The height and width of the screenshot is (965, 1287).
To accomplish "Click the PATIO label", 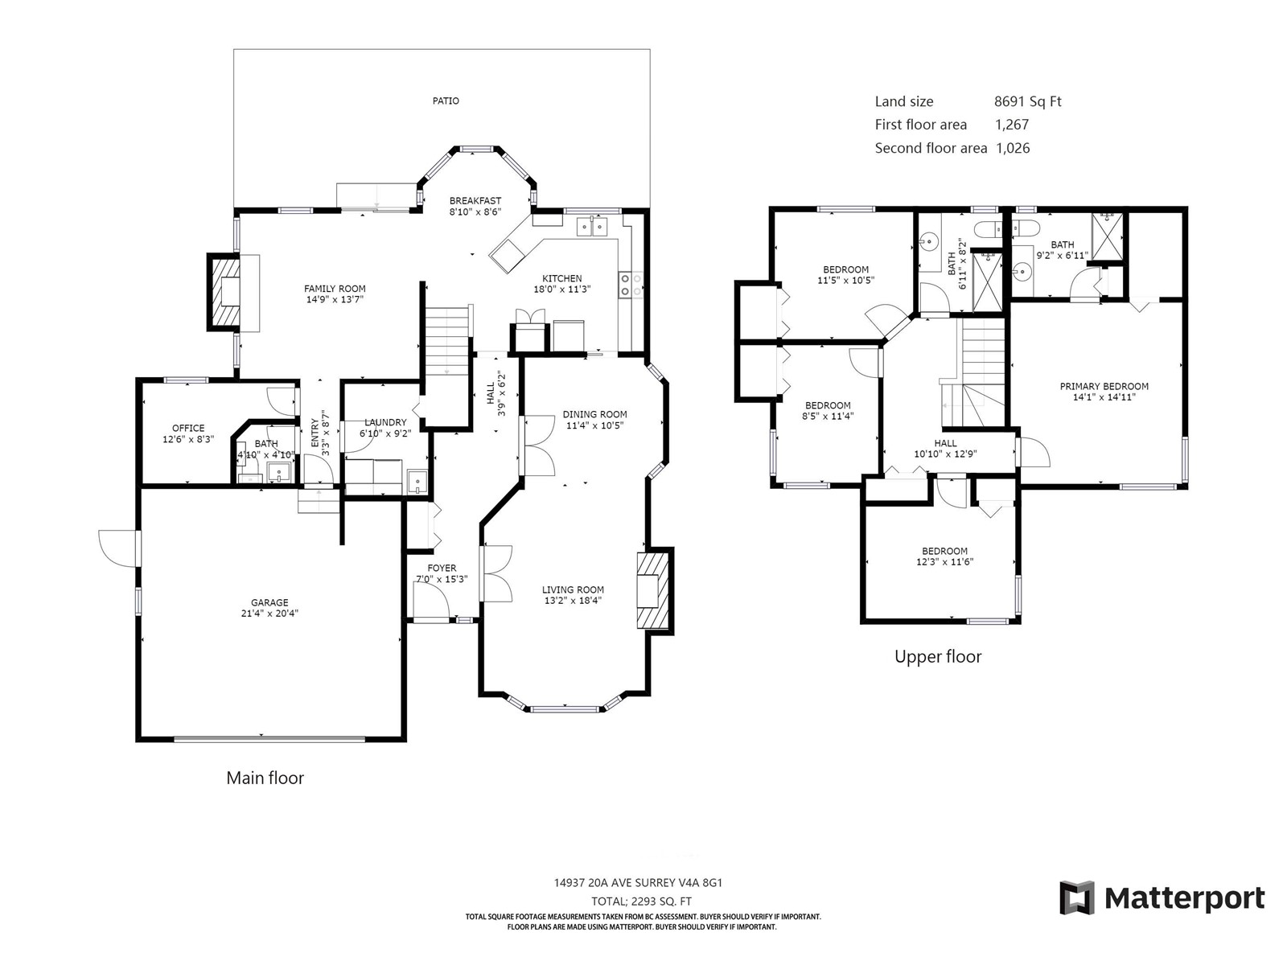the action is point(446,101).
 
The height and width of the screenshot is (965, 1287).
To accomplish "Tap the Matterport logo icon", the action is point(1076,897).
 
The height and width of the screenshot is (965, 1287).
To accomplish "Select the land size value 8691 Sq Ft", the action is point(1028,101).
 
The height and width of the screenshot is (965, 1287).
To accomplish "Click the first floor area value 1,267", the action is point(1012,124).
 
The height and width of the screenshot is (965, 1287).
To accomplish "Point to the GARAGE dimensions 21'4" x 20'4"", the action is point(269,614).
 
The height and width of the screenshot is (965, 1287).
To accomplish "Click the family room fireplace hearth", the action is point(224,293).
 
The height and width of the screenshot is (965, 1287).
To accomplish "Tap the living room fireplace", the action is point(654,590).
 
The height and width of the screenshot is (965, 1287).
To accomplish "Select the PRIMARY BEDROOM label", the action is point(1104,386).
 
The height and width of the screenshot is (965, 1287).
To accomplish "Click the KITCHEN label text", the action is point(561,278).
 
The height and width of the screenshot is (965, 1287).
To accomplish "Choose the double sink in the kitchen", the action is point(592,226).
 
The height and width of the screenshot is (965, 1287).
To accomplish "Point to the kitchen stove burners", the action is point(626,285).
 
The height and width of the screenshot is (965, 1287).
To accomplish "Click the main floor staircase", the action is point(447,340).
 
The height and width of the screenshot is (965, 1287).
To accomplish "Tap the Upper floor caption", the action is point(938,657).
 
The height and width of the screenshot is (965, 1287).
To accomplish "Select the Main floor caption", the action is point(265,778).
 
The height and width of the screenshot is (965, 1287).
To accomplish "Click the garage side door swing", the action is point(117,548).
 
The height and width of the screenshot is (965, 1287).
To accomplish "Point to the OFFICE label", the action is point(188,429).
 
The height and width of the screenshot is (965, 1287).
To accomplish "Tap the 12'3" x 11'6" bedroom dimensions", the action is point(944,562).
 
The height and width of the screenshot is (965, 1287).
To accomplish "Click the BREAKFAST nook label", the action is point(475,201).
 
